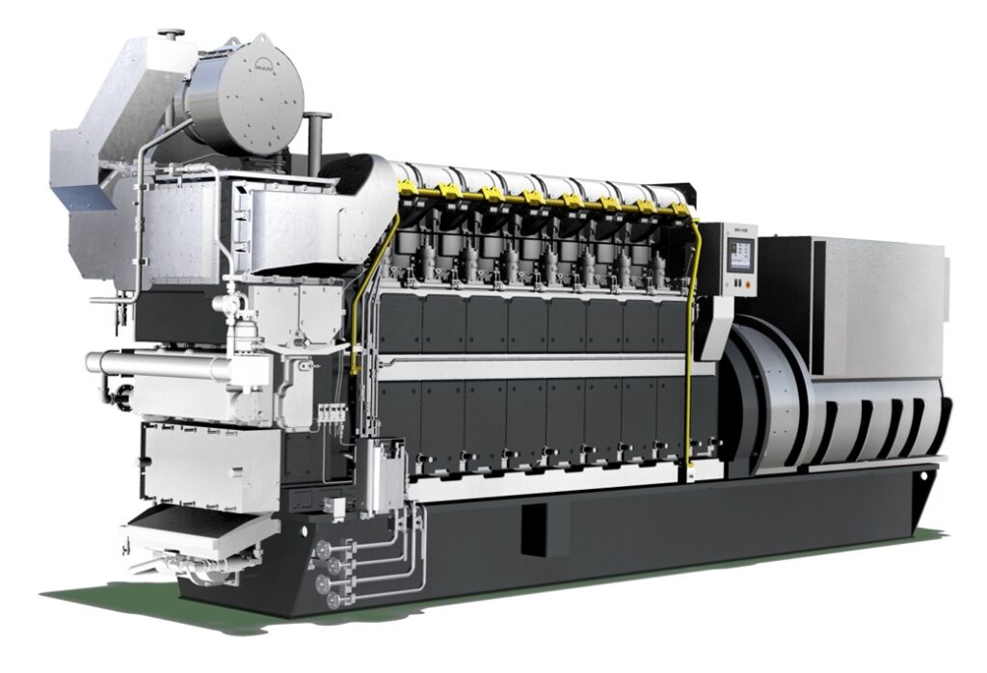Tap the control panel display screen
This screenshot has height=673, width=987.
click(x=739, y=254)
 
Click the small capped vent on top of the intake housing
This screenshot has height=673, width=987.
click(x=173, y=36)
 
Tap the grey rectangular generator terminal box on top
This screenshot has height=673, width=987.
click(x=877, y=280)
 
